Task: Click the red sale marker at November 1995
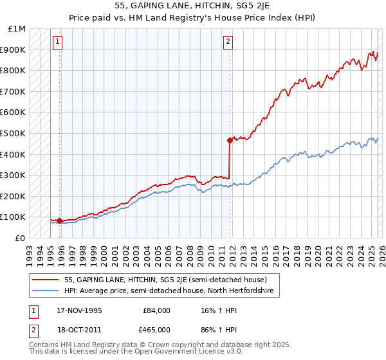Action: [x=60, y=221]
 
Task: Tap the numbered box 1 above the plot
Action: [x=58, y=42]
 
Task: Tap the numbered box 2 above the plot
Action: [x=228, y=42]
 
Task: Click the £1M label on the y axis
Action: [x=17, y=29]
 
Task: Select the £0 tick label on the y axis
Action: [x=21, y=238]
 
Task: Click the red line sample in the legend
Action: [x=45, y=280]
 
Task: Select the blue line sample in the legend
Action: [x=45, y=291]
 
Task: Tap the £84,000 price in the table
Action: [x=156, y=310]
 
